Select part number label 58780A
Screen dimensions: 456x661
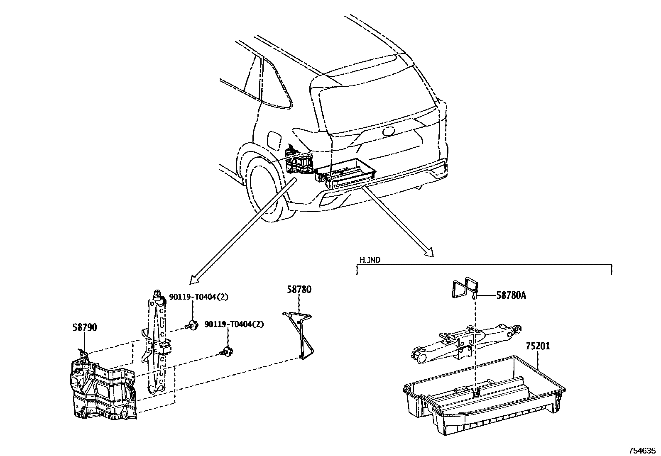coord(511,295)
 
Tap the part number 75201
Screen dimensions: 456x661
coord(538,346)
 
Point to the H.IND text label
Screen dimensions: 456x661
coord(370,260)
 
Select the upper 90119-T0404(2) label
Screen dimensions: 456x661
coord(199,297)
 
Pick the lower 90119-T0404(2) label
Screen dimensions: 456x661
coord(234,324)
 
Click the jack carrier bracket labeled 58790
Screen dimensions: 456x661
coord(102,388)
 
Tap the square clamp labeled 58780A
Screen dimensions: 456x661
coord(464,288)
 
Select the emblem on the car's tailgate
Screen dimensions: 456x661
coord(389,131)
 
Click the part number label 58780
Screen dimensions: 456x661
coord(299,290)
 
